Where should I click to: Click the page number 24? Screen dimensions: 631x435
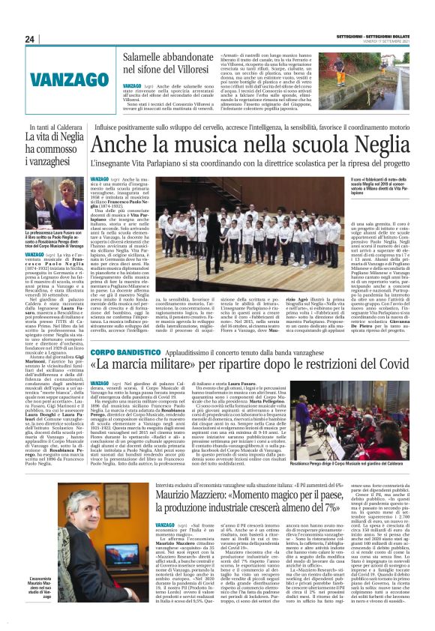point(30,40)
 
